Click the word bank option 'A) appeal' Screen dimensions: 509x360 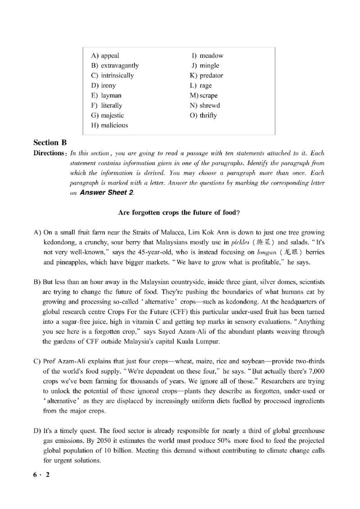(105, 56)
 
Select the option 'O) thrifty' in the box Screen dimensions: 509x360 (203, 116)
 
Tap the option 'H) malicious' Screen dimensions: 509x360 (109, 125)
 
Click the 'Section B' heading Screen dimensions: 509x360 (50, 143)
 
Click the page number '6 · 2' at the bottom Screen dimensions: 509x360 (41, 476)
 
